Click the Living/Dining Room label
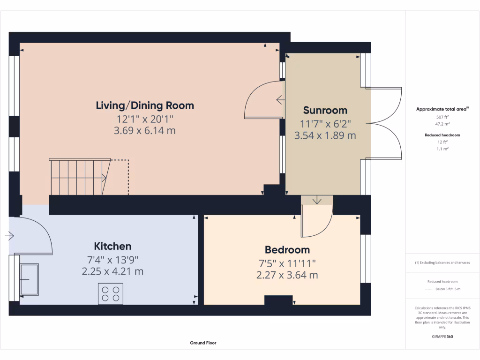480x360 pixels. click(144, 105)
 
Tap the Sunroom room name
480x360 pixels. click(325, 110)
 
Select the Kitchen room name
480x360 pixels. click(112, 246)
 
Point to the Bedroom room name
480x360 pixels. click(287, 250)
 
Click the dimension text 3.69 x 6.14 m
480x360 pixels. click(144, 131)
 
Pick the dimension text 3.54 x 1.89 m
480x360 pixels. click(325, 136)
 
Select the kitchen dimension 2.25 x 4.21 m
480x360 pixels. click(112, 271)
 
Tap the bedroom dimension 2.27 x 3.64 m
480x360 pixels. click(287, 275)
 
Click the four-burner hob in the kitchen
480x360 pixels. click(111, 293)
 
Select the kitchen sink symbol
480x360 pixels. click(29, 279)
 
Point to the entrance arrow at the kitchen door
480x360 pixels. click(9, 237)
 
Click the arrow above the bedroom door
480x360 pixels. click(317, 200)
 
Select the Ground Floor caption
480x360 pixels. click(203, 343)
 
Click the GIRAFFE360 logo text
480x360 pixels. click(442, 337)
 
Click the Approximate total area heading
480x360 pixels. click(442, 109)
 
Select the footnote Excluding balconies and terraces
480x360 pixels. click(442, 262)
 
